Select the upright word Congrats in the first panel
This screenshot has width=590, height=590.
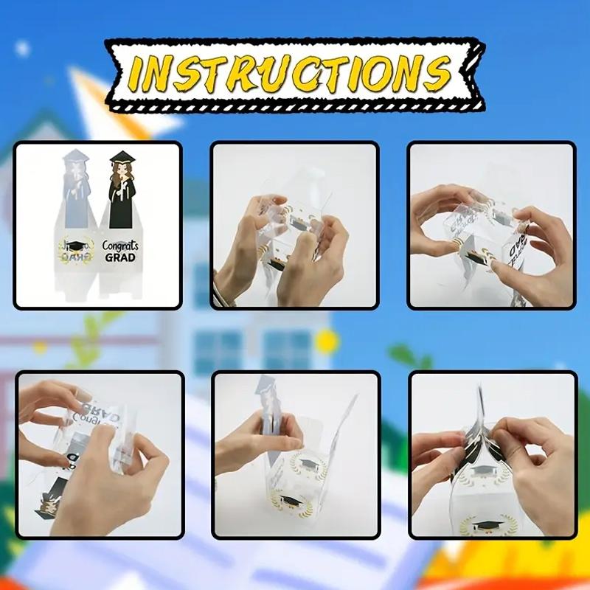(x=120, y=246)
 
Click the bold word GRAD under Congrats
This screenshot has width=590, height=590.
(x=120, y=258)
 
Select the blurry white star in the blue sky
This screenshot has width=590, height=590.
(x=22, y=49)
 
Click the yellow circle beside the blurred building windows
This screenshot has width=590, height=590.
(x=325, y=341)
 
